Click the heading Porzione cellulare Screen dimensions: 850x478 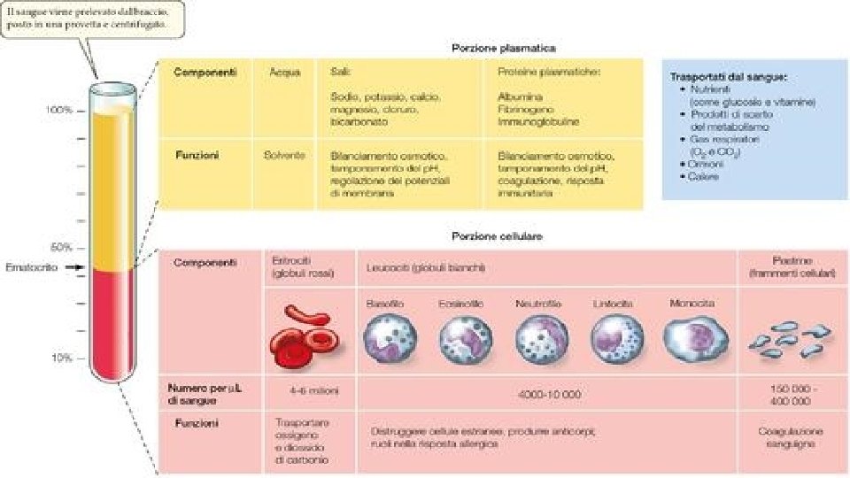pos(497,237)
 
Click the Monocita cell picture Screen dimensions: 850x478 pos(693,337)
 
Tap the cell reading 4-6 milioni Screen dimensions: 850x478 pos(301,389)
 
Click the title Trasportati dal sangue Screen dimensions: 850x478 pos(729,77)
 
